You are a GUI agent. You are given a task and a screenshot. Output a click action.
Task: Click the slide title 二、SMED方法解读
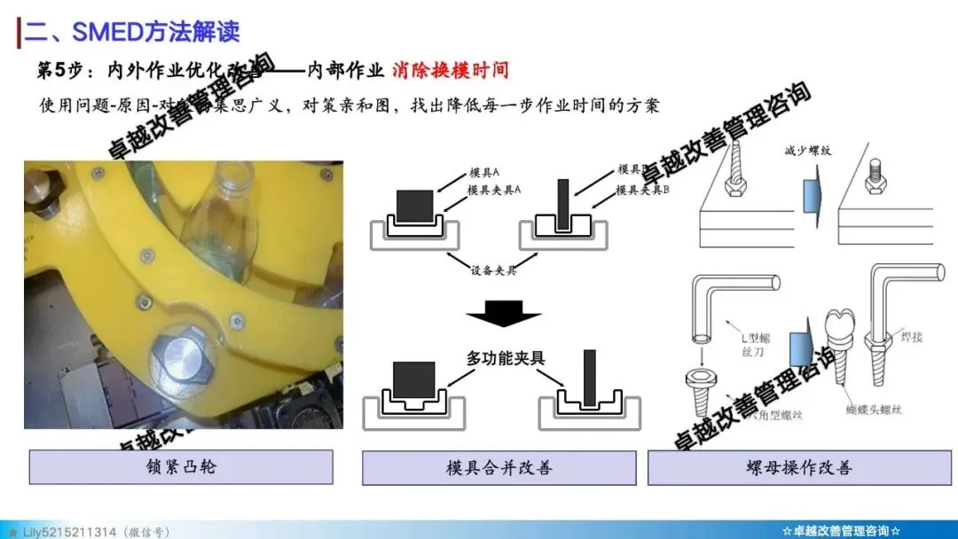click(132, 33)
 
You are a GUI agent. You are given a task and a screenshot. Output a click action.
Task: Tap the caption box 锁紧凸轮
click(181, 466)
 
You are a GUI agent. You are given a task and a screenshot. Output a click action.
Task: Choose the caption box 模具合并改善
click(499, 467)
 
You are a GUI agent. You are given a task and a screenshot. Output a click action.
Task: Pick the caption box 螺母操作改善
click(799, 467)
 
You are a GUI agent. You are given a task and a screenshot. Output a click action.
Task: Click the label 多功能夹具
click(506, 358)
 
